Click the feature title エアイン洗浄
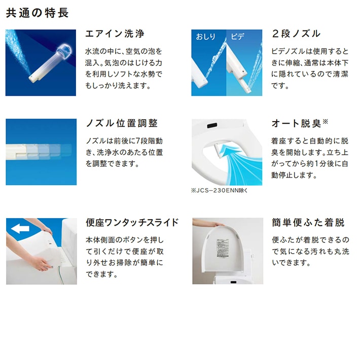click(115, 34)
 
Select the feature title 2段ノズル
click(296, 34)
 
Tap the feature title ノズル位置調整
click(122, 123)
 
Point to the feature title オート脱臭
click(297, 124)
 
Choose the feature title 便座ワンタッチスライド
click(132, 222)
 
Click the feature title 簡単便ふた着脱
click(308, 223)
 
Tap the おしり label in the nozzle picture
click(206, 37)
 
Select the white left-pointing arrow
click(20, 229)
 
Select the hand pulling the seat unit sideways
click(38, 263)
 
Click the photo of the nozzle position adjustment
click(41, 152)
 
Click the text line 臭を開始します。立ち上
click(310, 152)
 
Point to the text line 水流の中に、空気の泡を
click(124, 51)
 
